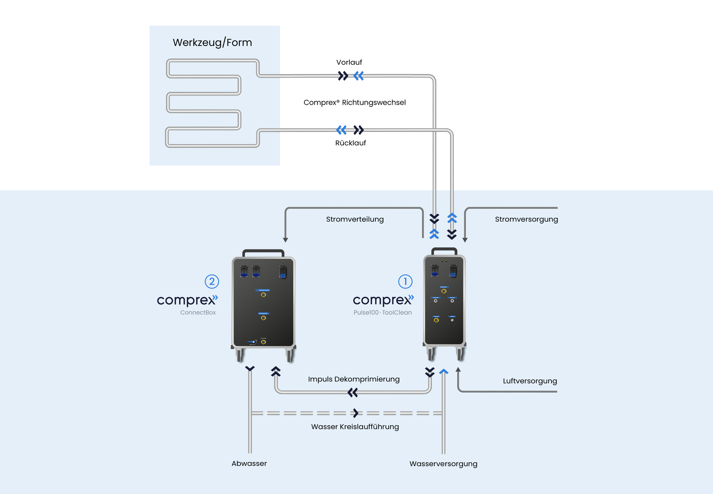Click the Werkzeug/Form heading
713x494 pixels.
tap(212, 43)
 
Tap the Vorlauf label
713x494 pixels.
tap(349, 62)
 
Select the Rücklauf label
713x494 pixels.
tap(351, 143)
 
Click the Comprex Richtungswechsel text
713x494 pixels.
tap(355, 103)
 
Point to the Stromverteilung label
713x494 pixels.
tap(355, 219)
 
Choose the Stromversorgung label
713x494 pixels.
tap(526, 219)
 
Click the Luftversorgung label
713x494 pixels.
tap(530, 381)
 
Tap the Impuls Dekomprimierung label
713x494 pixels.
tap(354, 379)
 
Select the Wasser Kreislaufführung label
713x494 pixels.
tap(355, 427)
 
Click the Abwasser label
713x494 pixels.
tap(249, 464)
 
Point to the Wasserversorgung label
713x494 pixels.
tap(443, 464)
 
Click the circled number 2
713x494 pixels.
tap(212, 282)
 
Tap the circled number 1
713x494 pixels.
tap(405, 282)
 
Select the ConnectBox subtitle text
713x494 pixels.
tap(198, 313)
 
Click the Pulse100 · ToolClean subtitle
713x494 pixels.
tap(382, 313)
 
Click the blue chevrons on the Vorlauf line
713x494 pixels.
tap(359, 76)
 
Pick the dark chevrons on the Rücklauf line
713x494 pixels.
tap(359, 130)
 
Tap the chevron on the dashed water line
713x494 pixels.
tap(356, 413)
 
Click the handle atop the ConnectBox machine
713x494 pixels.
tap(263, 253)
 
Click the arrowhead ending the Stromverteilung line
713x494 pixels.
tap(285, 240)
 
